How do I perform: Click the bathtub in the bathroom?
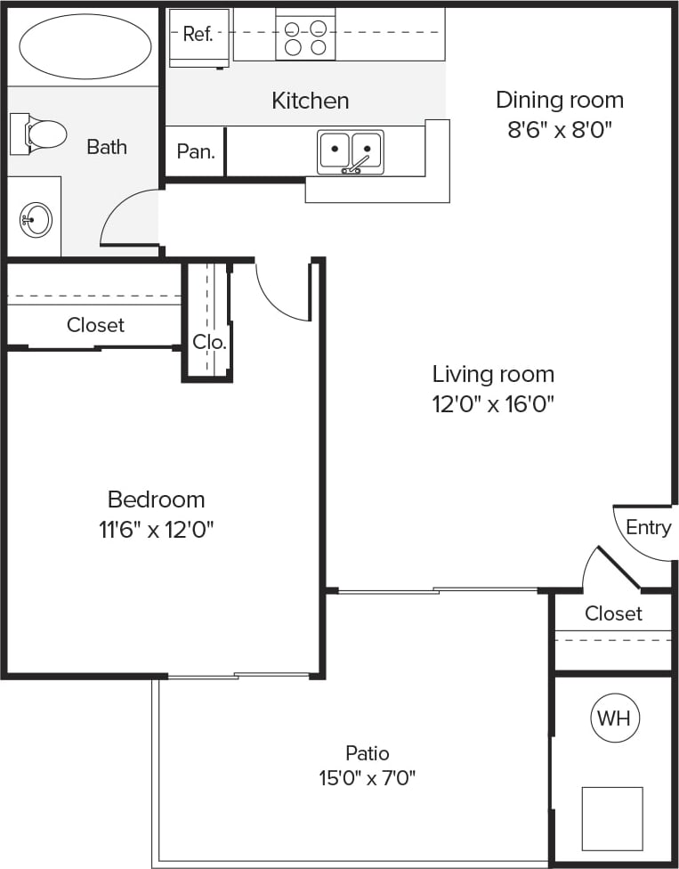85,46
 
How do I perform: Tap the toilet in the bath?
40,134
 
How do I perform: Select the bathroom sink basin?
36,217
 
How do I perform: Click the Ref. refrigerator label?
198,35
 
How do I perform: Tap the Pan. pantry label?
196,151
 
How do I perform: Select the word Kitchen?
310,101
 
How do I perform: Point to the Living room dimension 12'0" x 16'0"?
493,404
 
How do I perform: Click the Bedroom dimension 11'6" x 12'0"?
157,530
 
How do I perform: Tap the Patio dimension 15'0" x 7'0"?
368,778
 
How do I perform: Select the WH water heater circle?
616,718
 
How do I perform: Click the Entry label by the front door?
648,527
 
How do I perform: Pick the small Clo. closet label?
210,341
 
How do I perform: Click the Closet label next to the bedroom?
95,325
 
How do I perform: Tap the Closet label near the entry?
613,613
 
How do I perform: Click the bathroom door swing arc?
125,218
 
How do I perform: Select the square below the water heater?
612,817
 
